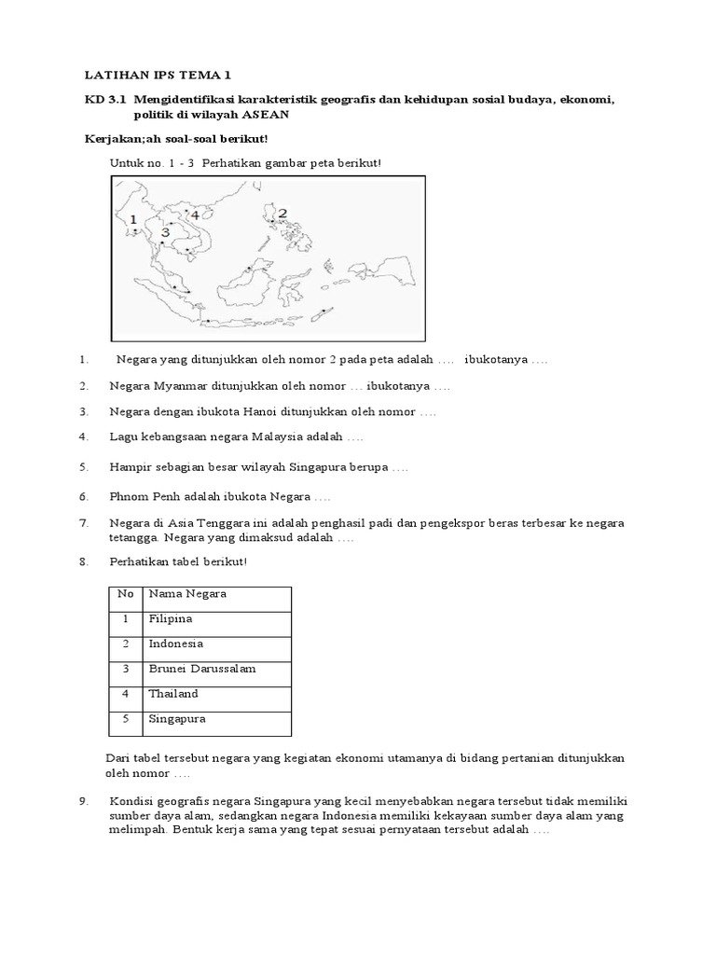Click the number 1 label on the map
[x=134, y=220]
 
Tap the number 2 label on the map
[x=282, y=214]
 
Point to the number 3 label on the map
[x=165, y=232]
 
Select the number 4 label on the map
[x=195, y=215]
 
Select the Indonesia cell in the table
[x=175, y=644]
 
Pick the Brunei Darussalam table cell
[x=201, y=669]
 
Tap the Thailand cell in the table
[x=173, y=694]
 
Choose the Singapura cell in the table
[x=176, y=719]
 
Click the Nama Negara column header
[x=187, y=593]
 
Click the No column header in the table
[x=125, y=593]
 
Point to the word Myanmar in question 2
[x=179, y=385]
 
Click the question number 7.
[x=83, y=523]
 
